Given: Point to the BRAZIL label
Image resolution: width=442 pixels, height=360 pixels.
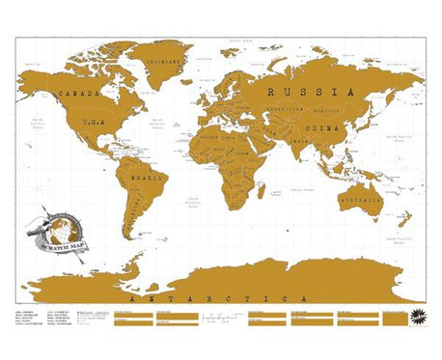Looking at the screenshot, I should pos(150,180).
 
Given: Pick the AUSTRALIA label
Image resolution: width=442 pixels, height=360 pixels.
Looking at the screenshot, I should pos(359,201).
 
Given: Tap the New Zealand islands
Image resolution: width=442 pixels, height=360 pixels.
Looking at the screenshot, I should pos(405,228).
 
